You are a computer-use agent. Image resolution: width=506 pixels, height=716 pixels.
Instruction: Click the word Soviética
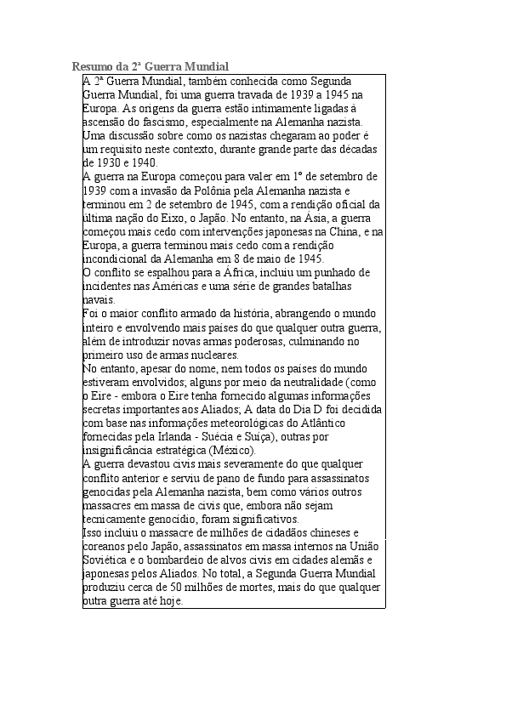point(107,560)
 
